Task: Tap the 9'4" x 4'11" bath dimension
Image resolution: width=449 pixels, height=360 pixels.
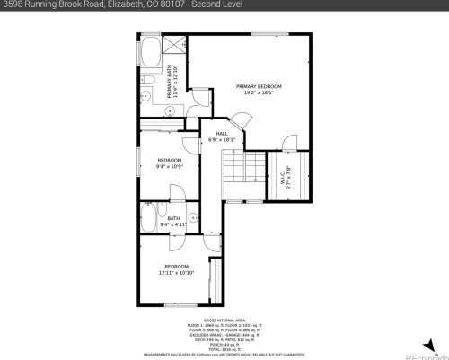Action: [x=173, y=224]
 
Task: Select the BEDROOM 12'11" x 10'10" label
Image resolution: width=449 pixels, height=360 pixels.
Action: [x=176, y=268]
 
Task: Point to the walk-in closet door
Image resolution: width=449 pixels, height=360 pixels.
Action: [x=286, y=144]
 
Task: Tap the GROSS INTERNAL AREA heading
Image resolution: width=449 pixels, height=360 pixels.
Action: [x=224, y=319]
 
